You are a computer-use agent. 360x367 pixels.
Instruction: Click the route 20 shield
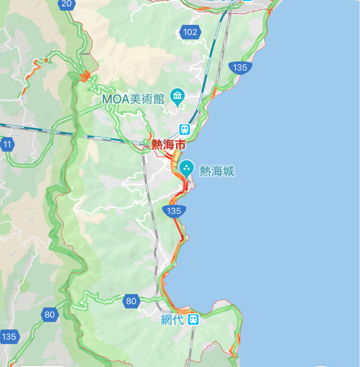pyautogui.click(x=66, y=4)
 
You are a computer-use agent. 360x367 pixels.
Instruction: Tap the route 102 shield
pyautogui.click(x=189, y=32)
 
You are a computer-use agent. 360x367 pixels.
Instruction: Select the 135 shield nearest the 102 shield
pyautogui.click(x=239, y=67)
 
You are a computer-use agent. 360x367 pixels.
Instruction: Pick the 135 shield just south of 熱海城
pyautogui.click(x=174, y=211)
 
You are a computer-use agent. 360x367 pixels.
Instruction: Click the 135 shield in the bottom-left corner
pyautogui.click(x=9, y=337)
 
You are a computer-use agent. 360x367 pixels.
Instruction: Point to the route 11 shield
pyautogui.click(x=7, y=145)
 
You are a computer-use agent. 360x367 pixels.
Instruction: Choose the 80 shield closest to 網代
pyautogui.click(x=131, y=301)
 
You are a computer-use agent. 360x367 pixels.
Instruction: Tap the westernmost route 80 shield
pyautogui.click(x=50, y=315)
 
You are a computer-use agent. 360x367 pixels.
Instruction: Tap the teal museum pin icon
pyautogui.click(x=177, y=97)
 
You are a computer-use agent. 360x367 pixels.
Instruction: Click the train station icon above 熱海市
pyautogui.click(x=185, y=129)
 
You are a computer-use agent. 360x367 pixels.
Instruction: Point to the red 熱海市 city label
pyautogui.click(x=168, y=145)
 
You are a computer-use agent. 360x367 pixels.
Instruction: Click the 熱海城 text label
pyautogui.click(x=216, y=172)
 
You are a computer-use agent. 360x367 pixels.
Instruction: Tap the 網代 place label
pyautogui.click(x=172, y=320)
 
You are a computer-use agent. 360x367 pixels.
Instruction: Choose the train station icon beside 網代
pyautogui.click(x=194, y=319)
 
